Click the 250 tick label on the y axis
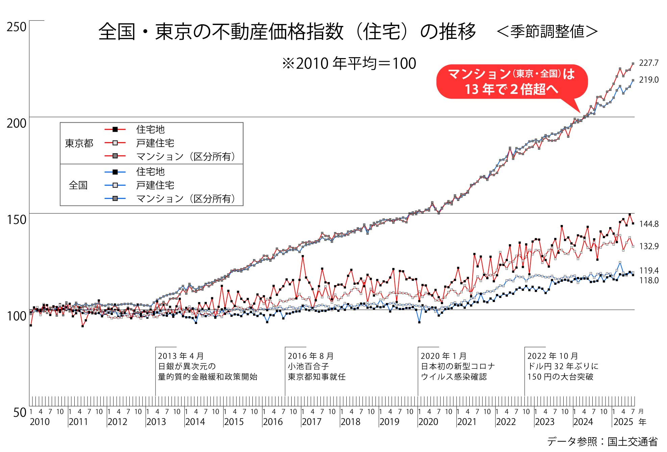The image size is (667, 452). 16,27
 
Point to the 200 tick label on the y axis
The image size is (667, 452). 16,124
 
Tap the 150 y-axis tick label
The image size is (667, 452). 16,220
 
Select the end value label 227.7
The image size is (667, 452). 648,63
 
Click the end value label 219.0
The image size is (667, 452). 648,80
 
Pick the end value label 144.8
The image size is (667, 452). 648,224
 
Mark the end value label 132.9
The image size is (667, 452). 648,246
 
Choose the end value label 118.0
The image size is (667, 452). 648,280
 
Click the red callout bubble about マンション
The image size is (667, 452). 512,82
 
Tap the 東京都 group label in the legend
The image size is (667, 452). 79,144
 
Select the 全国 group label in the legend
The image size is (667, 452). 78,185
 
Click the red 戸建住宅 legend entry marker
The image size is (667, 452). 115,143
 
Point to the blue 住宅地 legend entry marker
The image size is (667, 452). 115,172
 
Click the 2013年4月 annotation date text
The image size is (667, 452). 181,356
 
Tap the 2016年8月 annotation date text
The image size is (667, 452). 311,356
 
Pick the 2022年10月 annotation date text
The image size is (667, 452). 552,356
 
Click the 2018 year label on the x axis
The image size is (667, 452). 350,422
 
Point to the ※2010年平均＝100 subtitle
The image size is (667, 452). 349,64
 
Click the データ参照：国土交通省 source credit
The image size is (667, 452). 602,442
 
